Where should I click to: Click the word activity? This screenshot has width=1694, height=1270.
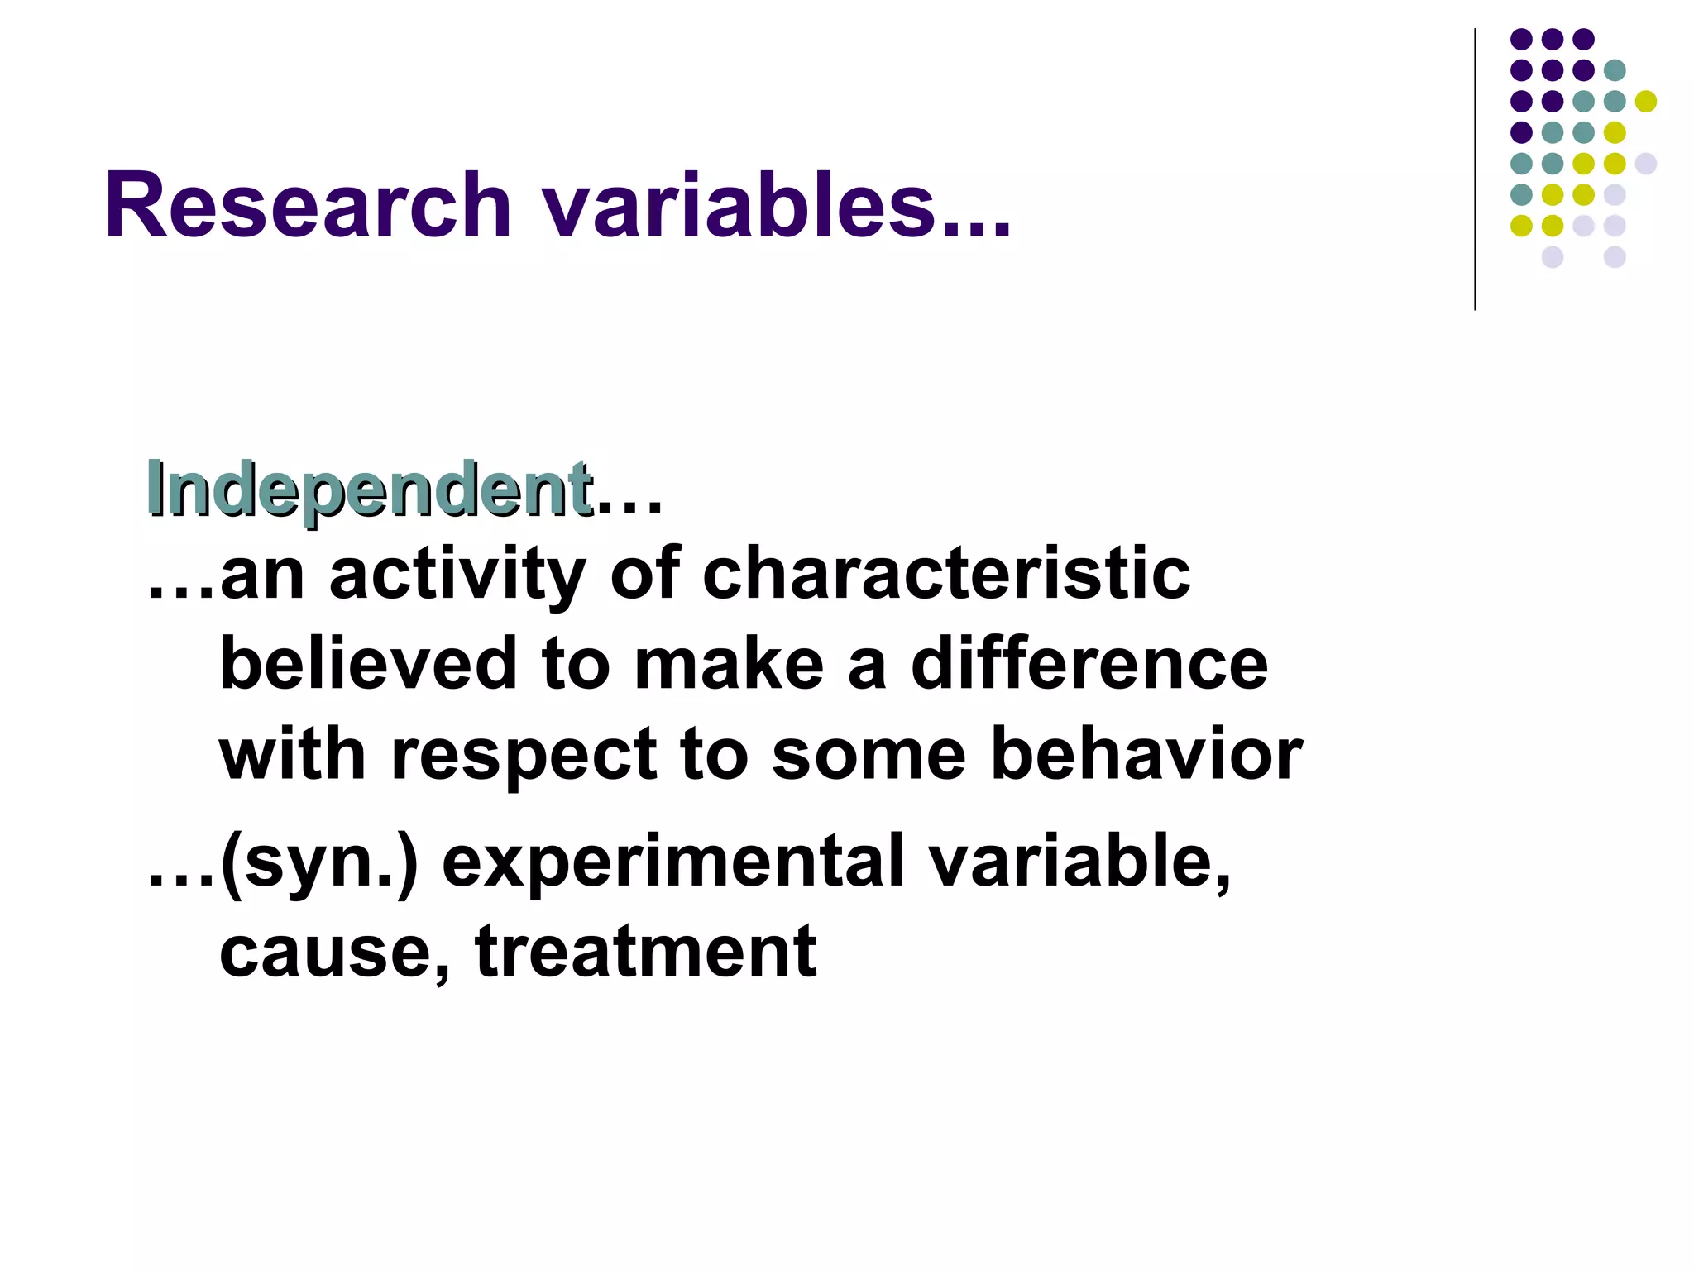(x=457, y=575)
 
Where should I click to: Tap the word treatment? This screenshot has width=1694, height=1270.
(x=646, y=952)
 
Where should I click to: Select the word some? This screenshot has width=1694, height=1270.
(x=869, y=756)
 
